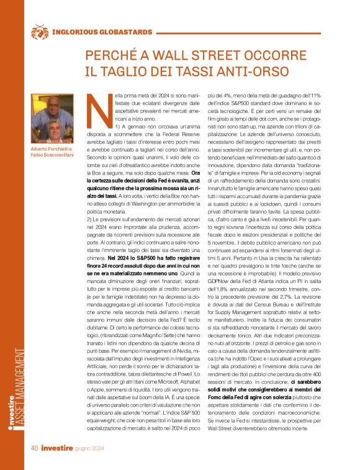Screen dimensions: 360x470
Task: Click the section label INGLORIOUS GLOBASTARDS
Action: [102, 31]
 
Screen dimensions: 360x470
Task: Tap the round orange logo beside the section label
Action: [39, 30]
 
